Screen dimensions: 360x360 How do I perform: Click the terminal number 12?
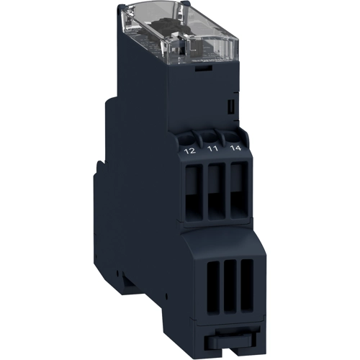pos(189,150)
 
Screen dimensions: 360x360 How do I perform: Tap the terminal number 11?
pos(213,149)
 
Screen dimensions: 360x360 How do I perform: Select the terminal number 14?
pos(235,148)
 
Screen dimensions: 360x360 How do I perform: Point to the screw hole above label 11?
pos(210,138)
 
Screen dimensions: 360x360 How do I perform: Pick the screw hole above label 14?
pos(233,136)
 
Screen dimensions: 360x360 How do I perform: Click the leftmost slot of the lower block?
pos(213,287)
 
